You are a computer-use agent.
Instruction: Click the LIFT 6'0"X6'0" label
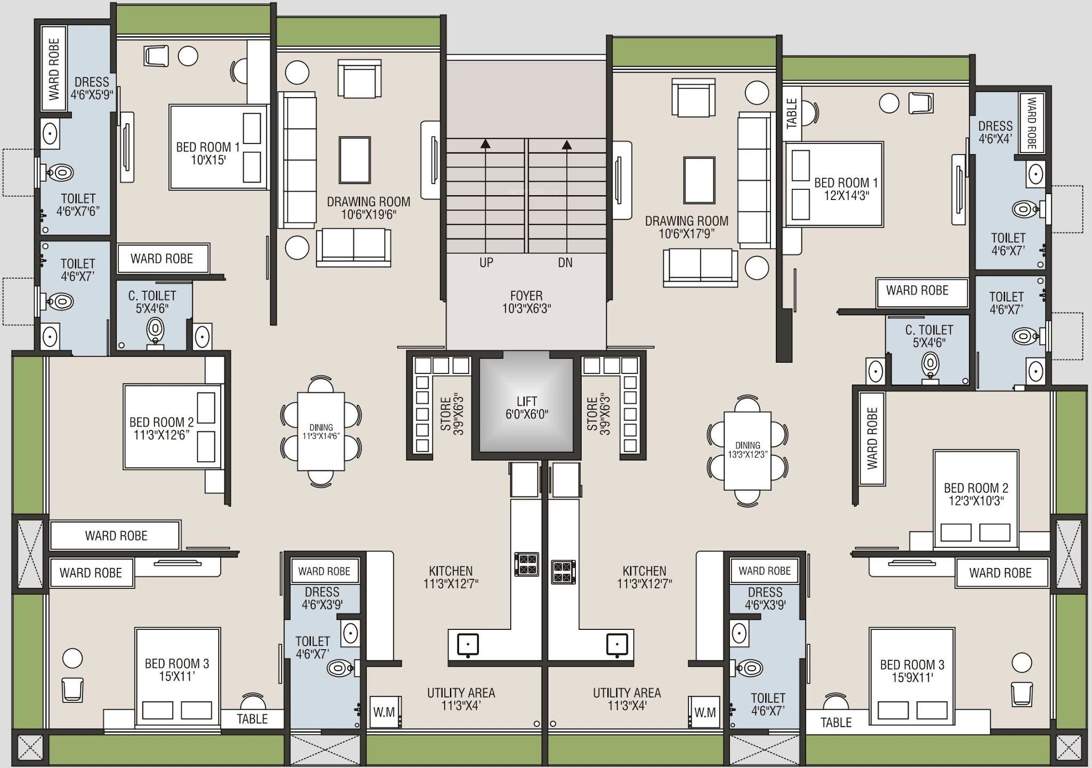[x=526, y=408]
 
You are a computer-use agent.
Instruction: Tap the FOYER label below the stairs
[x=526, y=302]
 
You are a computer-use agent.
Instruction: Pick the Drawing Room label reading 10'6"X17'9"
[x=686, y=228]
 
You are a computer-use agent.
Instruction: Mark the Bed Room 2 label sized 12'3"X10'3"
[x=974, y=494]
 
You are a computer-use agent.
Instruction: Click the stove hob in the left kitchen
[x=526, y=564]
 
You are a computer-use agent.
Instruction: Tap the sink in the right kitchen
[x=617, y=645]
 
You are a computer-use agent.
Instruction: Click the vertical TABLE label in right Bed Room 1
[x=792, y=113]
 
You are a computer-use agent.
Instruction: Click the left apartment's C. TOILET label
[x=152, y=302]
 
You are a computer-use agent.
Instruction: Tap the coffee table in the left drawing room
[x=354, y=156]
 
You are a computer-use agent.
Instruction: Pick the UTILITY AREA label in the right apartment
[x=626, y=699]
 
